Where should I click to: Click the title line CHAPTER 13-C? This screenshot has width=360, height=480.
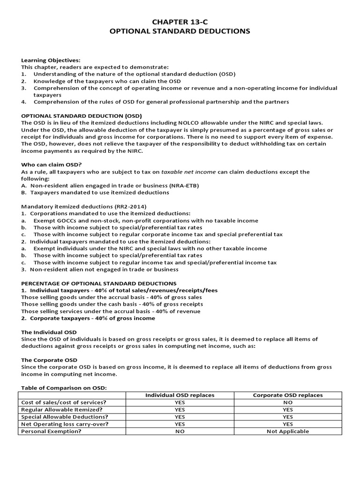click(180, 21)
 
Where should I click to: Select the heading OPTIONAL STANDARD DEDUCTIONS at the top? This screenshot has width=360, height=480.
click(180, 31)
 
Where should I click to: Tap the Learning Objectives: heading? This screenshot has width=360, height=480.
click(51, 60)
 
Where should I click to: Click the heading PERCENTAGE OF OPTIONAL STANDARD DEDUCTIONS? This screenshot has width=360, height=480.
click(99, 284)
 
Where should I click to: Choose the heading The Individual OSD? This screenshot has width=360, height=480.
click(49, 332)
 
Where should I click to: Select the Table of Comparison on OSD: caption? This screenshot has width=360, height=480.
click(64, 388)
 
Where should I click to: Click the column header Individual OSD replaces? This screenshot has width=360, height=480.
click(180, 395)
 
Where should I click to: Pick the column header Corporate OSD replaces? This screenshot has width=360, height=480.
click(287, 395)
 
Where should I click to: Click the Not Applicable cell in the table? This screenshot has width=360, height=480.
click(287, 431)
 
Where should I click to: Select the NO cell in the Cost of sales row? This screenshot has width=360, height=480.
click(287, 403)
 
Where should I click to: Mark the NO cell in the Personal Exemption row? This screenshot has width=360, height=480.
click(180, 431)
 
